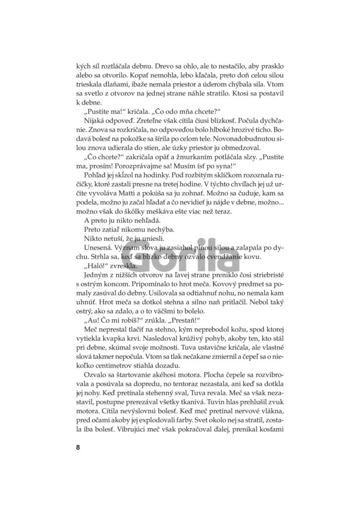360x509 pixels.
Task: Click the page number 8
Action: click(78, 447)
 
